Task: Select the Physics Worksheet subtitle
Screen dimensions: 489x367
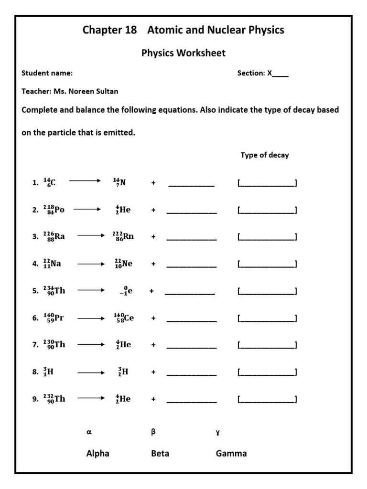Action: (x=183, y=53)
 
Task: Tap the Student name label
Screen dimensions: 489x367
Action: (x=47, y=74)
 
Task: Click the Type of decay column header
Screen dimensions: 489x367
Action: (x=265, y=155)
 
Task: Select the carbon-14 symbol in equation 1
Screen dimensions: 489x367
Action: (x=49, y=182)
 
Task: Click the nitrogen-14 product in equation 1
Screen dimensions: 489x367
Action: (x=119, y=182)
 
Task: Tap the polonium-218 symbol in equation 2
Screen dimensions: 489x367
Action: (x=54, y=209)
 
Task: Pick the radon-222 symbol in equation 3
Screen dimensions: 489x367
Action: (x=123, y=236)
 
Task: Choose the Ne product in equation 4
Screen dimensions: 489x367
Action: (x=123, y=263)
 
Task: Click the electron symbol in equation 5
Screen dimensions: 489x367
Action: (x=125, y=290)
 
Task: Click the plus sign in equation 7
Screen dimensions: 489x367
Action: (x=153, y=345)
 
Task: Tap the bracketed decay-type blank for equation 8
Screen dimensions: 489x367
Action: (x=267, y=372)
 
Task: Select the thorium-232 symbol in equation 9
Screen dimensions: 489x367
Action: (x=54, y=399)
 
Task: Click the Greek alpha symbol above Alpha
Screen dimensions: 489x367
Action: (x=88, y=432)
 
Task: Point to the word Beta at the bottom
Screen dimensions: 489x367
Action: (x=160, y=454)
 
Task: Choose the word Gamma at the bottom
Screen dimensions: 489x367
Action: (x=231, y=454)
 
